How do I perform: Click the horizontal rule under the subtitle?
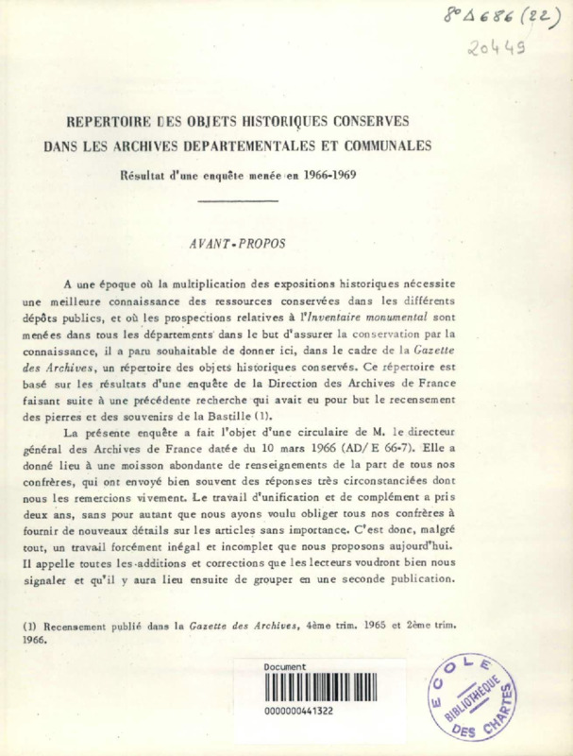pyautogui.click(x=238, y=200)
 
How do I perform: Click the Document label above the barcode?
pyautogui.click(x=284, y=666)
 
